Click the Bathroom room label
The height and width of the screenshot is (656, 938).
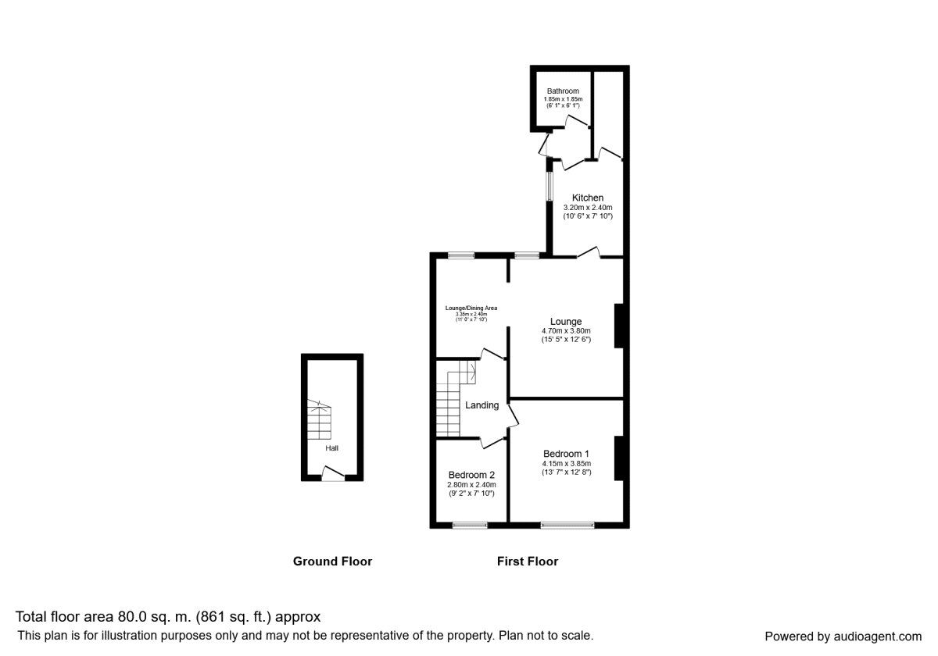coord(563,91)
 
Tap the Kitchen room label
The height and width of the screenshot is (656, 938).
coord(587,198)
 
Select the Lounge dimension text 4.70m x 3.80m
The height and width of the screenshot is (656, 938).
coord(565,330)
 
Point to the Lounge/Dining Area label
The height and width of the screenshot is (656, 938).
coord(471,308)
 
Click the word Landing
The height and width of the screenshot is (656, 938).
coord(482,405)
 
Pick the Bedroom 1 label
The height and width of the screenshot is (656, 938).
coord(566,454)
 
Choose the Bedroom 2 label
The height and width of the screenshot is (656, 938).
coord(471,475)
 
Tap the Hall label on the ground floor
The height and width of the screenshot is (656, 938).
coord(332,448)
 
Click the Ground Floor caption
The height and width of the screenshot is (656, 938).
coord(332,562)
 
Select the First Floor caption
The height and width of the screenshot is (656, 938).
coord(528,562)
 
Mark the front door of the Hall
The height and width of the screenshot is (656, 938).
coord(333,472)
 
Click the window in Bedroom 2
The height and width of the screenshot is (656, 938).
coord(470,526)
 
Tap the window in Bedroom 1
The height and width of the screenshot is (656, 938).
coord(567,526)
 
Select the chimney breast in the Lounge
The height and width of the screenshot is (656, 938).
coord(618,325)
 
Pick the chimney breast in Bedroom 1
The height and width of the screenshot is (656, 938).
coord(618,458)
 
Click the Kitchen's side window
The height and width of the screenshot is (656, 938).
coord(550,187)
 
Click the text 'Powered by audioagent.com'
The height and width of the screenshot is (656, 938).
coord(843,636)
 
